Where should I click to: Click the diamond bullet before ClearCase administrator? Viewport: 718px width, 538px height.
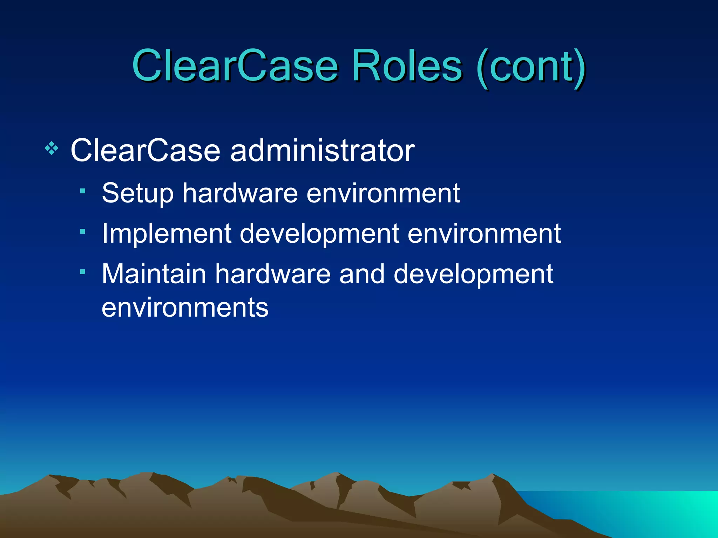52,149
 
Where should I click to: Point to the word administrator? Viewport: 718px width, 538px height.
322,151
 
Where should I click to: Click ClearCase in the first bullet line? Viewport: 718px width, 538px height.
145,151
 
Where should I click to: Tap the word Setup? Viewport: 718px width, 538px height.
137,193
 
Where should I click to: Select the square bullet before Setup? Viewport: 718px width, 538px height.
83,191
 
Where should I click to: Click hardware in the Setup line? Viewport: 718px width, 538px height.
240,193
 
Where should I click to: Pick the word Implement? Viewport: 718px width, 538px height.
166,234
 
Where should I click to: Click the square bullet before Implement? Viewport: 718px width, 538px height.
83,231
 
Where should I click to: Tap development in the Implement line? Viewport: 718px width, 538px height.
319,234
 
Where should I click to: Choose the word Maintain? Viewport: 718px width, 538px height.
154,274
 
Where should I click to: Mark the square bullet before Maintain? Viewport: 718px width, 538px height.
83,272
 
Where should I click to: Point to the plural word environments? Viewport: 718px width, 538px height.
185,308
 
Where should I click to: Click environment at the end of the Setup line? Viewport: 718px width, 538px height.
383,193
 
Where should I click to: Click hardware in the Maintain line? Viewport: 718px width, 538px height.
273,274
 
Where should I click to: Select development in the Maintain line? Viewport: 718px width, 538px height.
473,274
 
